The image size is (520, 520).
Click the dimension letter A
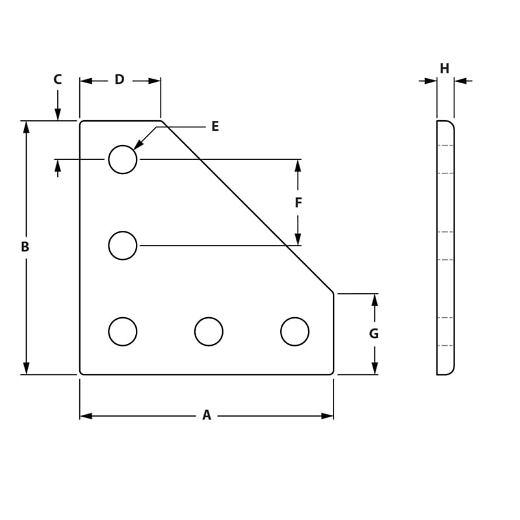coord(206,415)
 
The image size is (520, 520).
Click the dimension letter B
coord(25,247)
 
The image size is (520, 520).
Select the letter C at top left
coord(57,79)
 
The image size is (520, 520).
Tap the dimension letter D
coord(119,79)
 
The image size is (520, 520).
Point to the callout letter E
coord(215,127)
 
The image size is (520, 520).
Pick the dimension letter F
coord(298,203)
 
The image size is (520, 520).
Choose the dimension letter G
coord(374,334)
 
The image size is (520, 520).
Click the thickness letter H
coord(445,68)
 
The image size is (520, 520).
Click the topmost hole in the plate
coord(123,159)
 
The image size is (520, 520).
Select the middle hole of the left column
coord(123,246)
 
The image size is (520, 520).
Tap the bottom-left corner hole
coord(123,331)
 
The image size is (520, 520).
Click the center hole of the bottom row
coord(209,331)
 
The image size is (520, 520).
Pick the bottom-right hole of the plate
coord(294,331)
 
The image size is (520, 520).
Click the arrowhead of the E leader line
coord(138,146)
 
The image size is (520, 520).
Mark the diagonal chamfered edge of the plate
coord(247,207)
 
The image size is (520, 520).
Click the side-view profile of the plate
coord(445,247)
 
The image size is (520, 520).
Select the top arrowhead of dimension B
coord(26,127)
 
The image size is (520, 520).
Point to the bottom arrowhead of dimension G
coord(374,369)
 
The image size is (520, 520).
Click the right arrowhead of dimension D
coord(155,81)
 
